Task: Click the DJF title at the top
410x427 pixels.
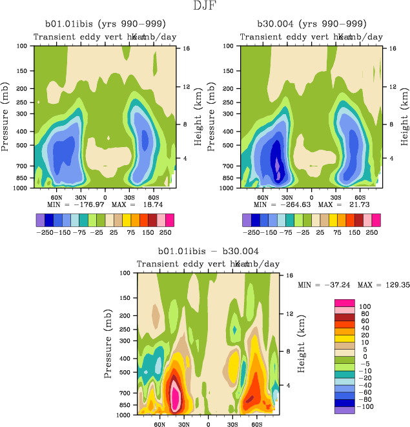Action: click(x=205, y=7)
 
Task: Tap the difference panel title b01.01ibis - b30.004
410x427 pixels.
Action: click(x=209, y=252)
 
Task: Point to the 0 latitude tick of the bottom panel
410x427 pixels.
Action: click(x=208, y=424)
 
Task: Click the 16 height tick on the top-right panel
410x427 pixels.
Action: click(x=389, y=48)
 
